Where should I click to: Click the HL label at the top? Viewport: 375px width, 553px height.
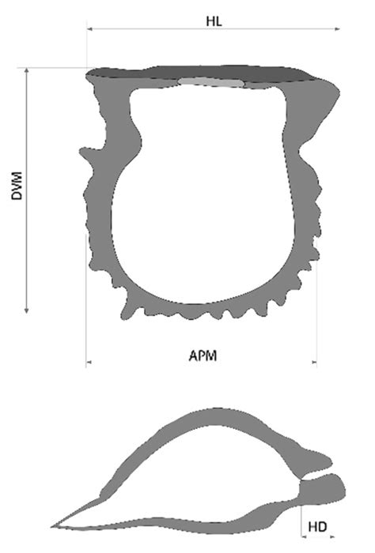(214, 21)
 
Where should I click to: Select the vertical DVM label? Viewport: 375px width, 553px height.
(17, 186)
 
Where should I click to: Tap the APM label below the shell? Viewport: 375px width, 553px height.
(203, 355)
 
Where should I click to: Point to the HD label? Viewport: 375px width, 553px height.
(317, 527)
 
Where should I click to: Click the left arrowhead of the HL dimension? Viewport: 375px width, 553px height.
(89, 29)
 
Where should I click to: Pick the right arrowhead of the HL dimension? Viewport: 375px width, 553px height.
(337, 29)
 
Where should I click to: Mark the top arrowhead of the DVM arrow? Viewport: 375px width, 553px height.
(26, 70)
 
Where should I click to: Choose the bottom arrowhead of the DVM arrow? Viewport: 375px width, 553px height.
(26, 310)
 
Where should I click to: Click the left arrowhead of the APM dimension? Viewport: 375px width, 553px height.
(89, 362)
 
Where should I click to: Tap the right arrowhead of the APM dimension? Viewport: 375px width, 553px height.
(314, 362)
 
